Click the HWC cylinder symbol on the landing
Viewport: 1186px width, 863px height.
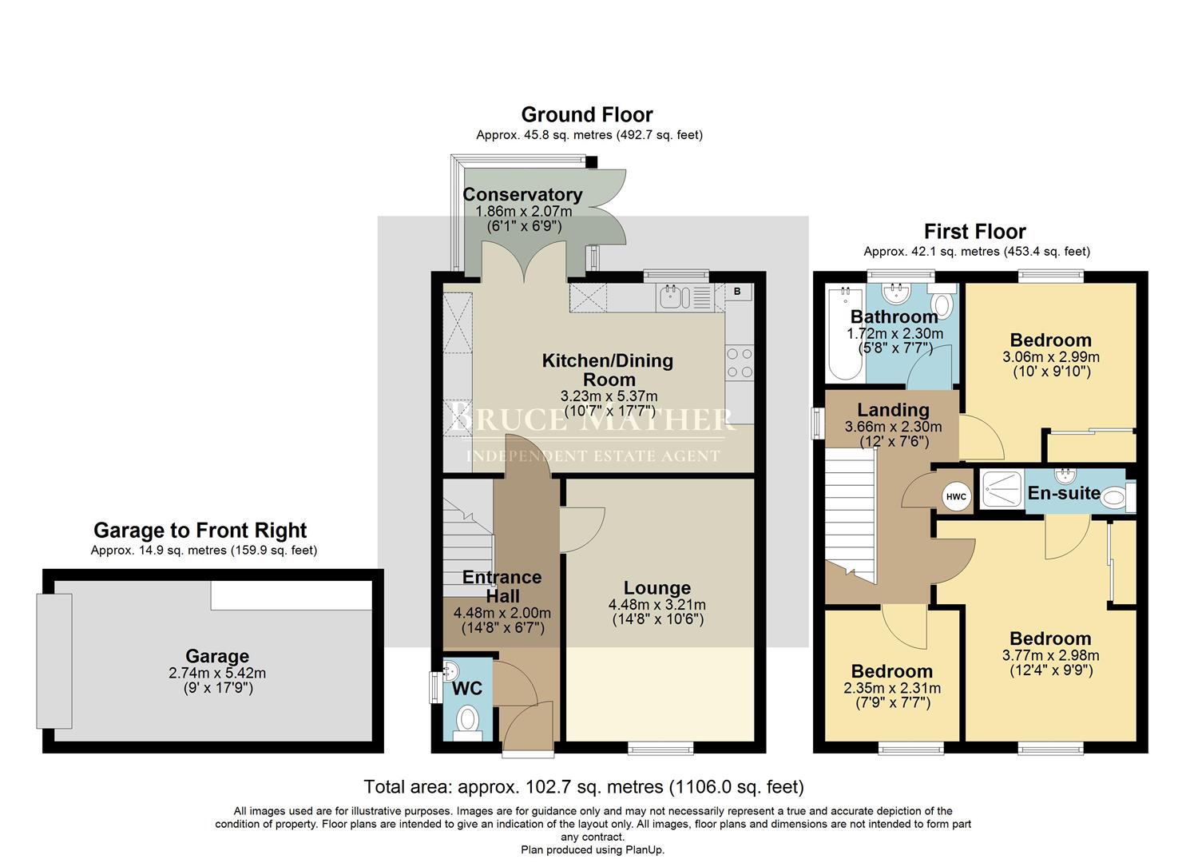(956, 496)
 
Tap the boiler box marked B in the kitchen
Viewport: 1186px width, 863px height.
(737, 292)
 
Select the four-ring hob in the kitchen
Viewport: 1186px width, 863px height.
(740, 363)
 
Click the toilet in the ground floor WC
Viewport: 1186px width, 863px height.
(466, 722)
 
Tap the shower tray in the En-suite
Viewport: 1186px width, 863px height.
(1002, 490)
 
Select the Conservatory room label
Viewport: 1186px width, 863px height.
(522, 195)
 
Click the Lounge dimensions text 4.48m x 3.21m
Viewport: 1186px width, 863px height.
(656, 605)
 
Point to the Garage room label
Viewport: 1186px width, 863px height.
(217, 657)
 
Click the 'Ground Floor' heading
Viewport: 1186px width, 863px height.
(587, 115)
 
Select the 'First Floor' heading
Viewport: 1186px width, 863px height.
(974, 232)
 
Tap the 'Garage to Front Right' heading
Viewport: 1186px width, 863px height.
(200, 531)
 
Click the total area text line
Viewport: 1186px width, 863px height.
(583, 787)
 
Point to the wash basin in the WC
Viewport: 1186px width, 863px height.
(452, 670)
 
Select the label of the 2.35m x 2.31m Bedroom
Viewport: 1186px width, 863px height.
(891, 671)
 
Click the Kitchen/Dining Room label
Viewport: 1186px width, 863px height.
(608, 370)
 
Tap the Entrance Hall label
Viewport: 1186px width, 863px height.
(502, 587)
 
